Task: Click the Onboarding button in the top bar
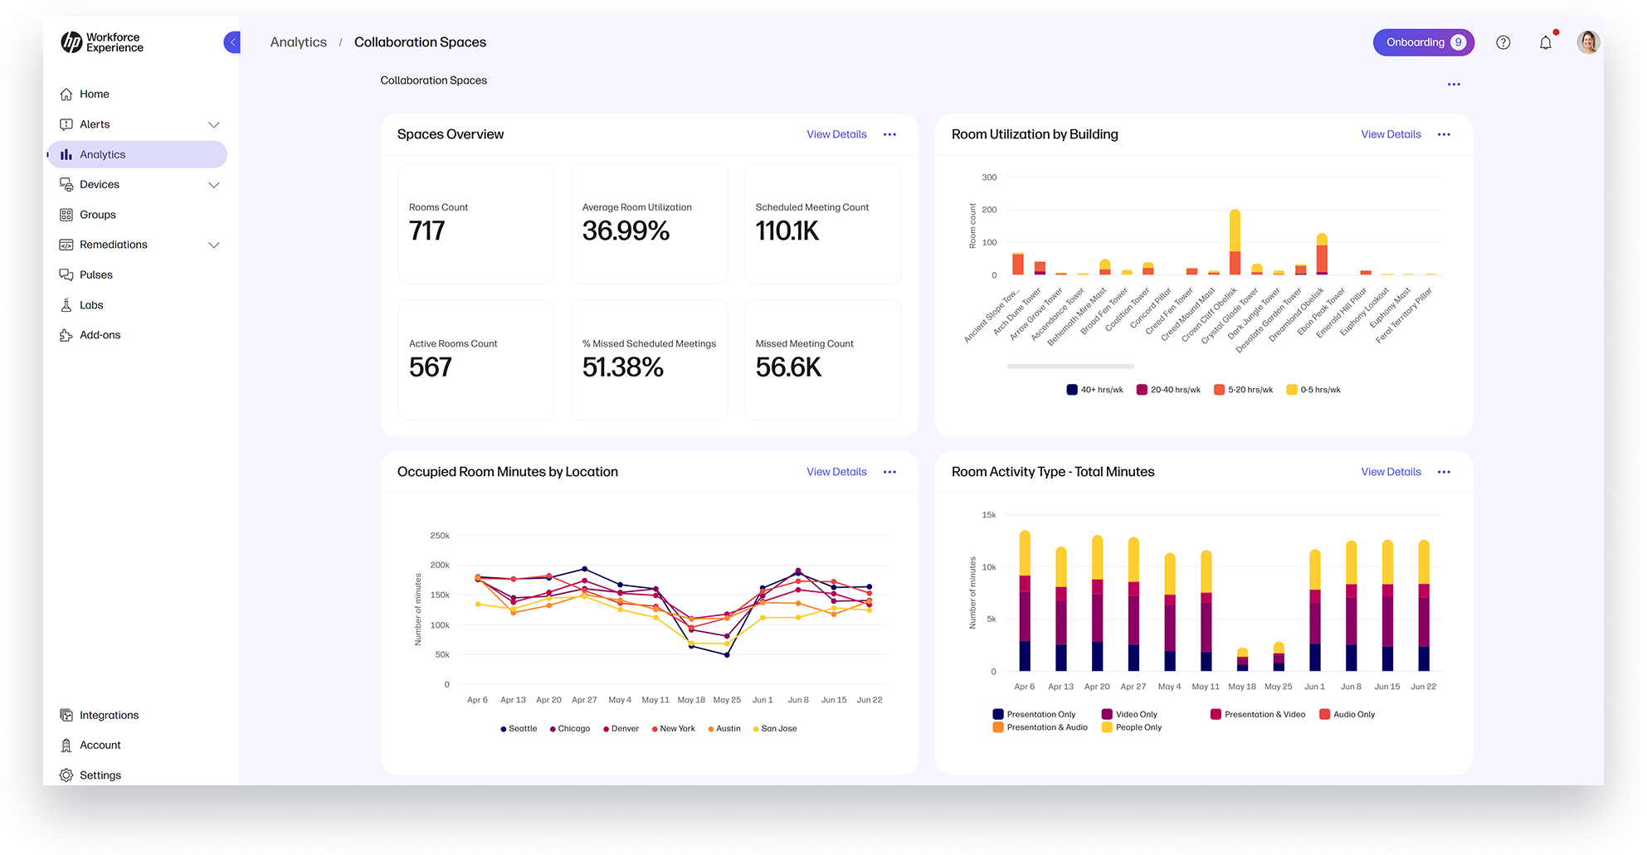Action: [1422, 42]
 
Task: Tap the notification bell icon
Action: [1545, 42]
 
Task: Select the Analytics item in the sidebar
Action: [138, 154]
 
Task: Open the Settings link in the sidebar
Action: [100, 775]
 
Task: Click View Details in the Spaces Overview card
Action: [836, 134]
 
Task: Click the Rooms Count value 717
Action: [427, 231]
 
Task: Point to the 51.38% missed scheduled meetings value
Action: [622, 367]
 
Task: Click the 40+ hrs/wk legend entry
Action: [1094, 390]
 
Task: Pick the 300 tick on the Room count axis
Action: [989, 177]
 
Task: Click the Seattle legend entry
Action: [519, 729]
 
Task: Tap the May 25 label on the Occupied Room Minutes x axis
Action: [727, 700]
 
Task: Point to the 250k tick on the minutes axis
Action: [440, 536]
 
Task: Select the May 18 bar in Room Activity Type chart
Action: [1242, 660]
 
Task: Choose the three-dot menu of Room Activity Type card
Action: [1444, 472]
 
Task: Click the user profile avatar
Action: [1587, 42]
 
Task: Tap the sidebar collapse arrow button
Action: [232, 42]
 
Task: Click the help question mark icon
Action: [1503, 42]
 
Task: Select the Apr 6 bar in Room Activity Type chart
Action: [1025, 601]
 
